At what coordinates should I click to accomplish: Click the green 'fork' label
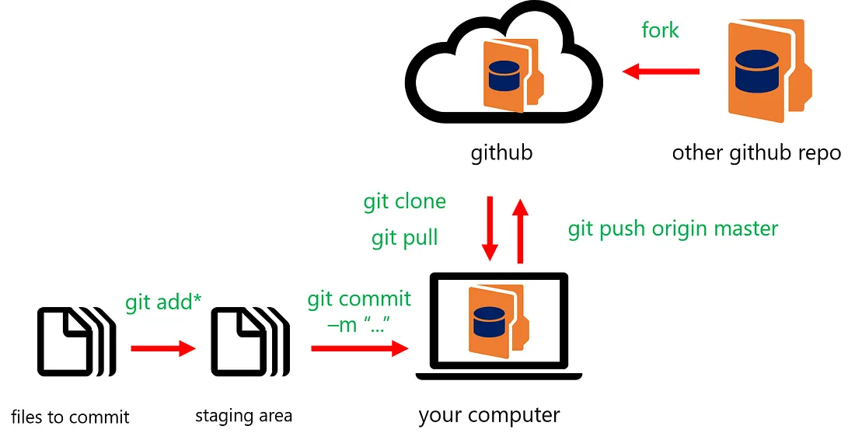(x=660, y=30)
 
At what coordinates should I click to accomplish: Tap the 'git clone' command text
(x=404, y=201)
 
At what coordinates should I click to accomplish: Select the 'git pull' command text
(x=404, y=237)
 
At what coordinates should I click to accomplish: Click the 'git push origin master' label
(x=672, y=229)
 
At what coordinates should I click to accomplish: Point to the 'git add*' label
(x=163, y=302)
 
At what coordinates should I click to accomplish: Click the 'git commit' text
(x=359, y=299)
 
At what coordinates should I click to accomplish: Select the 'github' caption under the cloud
(x=501, y=152)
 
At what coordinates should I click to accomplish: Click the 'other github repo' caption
(x=756, y=152)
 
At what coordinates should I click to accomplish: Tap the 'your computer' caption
(x=489, y=415)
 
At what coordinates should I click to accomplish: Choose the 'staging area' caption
(x=243, y=416)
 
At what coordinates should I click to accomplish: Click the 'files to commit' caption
(x=70, y=417)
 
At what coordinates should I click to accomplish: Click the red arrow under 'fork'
(x=661, y=72)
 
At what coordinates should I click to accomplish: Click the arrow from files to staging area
(x=162, y=348)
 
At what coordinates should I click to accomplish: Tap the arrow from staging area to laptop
(x=360, y=348)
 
